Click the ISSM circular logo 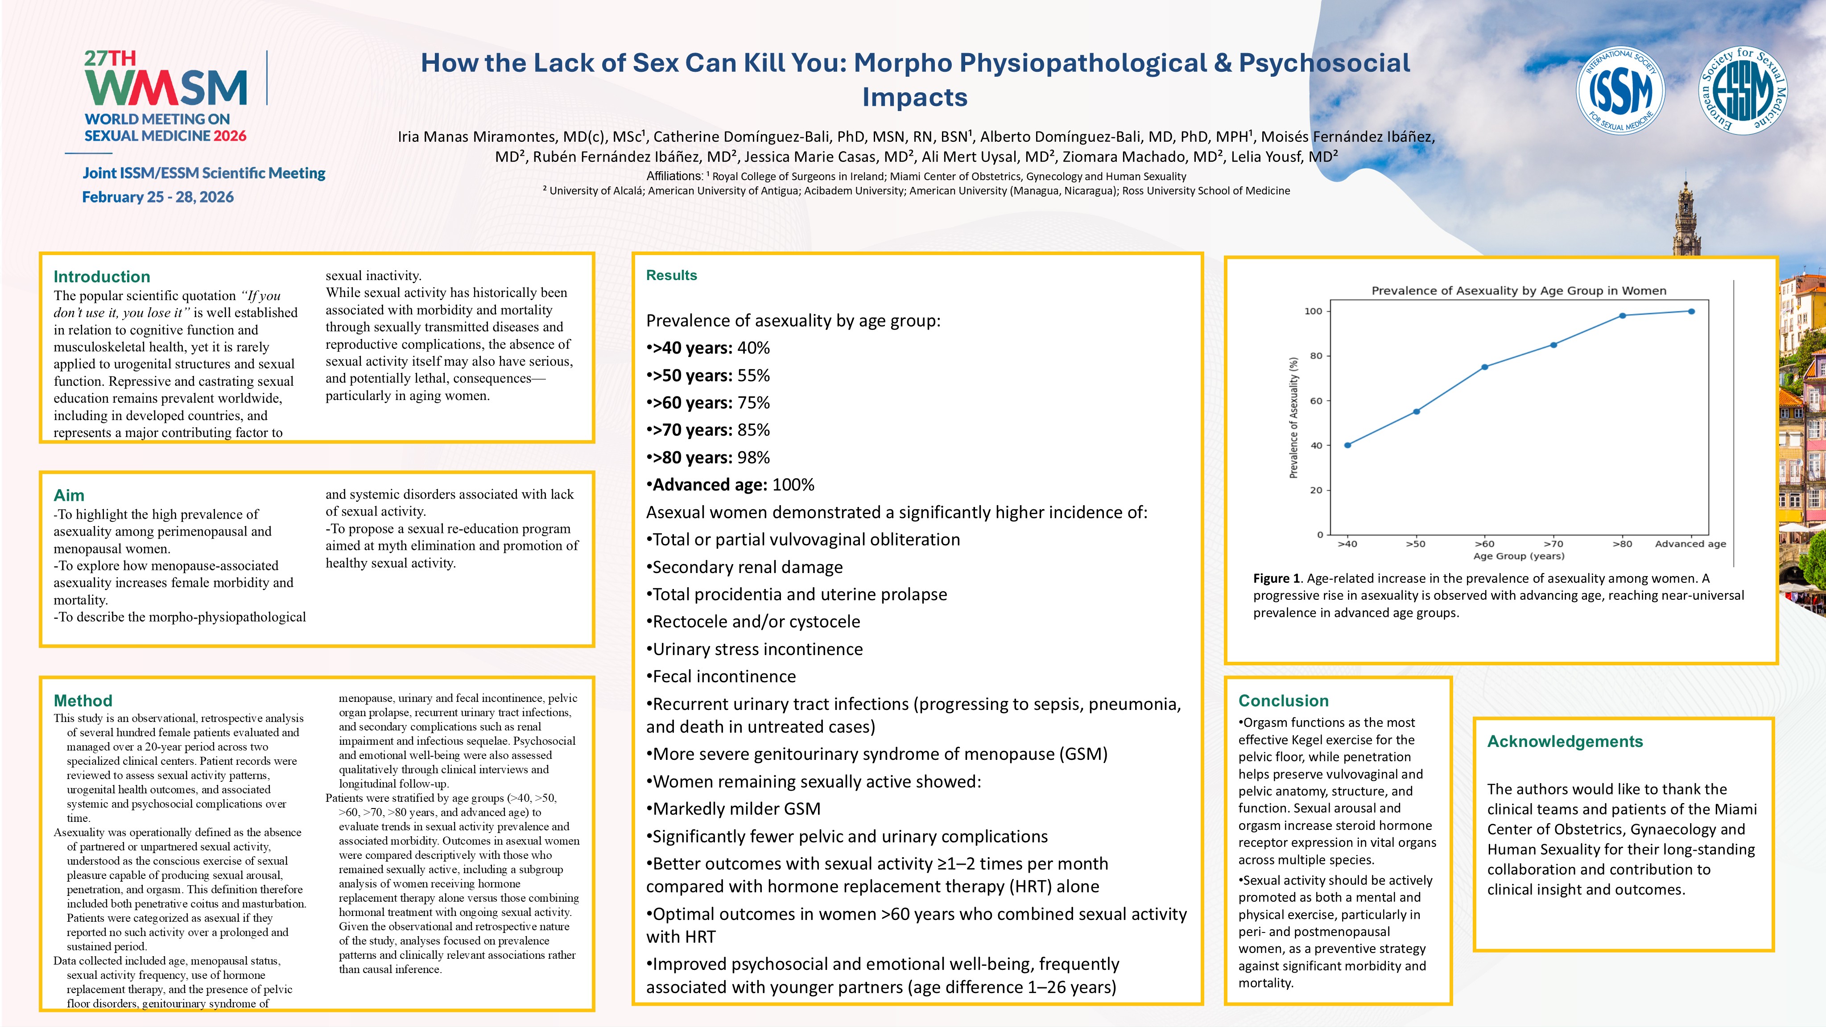(x=1620, y=91)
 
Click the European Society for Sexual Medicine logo (x=1743, y=91)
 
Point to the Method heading (x=83, y=700)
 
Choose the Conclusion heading (x=1283, y=700)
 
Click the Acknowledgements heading (x=1565, y=741)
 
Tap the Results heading (x=671, y=275)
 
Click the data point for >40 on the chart (x=1347, y=445)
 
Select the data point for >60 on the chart (x=1484, y=367)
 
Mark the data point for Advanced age (x=1691, y=311)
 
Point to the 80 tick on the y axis (x=1316, y=356)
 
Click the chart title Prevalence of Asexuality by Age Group (x=1518, y=291)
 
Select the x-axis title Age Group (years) (x=1518, y=556)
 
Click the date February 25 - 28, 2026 (x=158, y=197)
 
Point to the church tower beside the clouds (x=1687, y=220)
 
